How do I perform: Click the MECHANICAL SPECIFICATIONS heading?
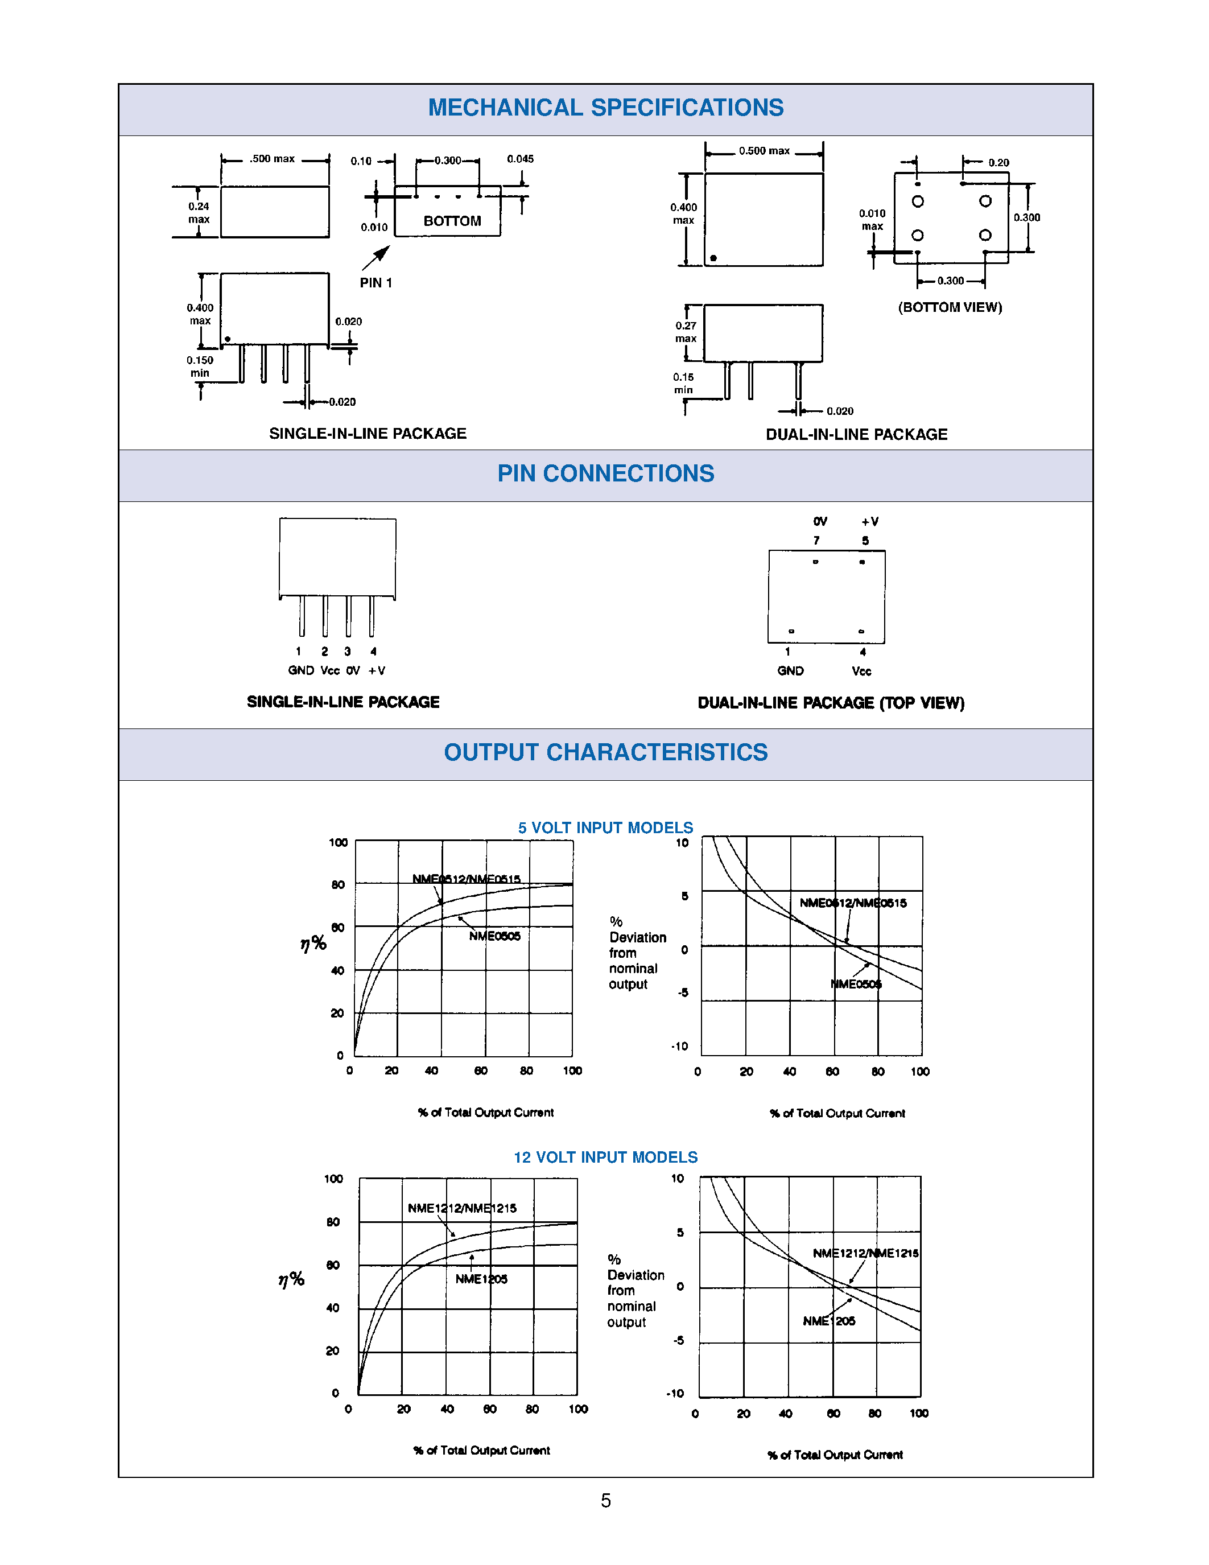pyautogui.click(x=605, y=108)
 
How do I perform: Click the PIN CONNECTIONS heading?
pyautogui.click(x=605, y=473)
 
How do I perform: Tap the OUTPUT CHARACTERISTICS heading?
pyautogui.click(x=605, y=752)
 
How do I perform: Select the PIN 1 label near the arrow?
pyautogui.click(x=376, y=283)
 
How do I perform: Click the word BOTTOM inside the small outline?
pyautogui.click(x=452, y=221)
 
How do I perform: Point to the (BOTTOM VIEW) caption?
pyautogui.click(x=950, y=307)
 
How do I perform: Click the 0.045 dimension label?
pyautogui.click(x=520, y=159)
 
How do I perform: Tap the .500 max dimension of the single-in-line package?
pyautogui.click(x=272, y=159)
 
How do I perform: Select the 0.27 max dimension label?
pyautogui.click(x=686, y=332)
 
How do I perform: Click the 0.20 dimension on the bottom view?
pyautogui.click(x=998, y=163)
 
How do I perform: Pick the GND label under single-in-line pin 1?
pyautogui.click(x=301, y=671)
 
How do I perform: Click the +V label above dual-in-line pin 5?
pyautogui.click(x=869, y=522)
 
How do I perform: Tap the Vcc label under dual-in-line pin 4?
pyautogui.click(x=861, y=672)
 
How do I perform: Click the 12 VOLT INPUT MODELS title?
pyautogui.click(x=605, y=1158)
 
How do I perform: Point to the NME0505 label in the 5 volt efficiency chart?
pyautogui.click(x=494, y=936)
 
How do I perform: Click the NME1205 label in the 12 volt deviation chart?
pyautogui.click(x=829, y=1321)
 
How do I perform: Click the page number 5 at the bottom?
pyautogui.click(x=605, y=1501)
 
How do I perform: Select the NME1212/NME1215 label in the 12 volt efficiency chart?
pyautogui.click(x=462, y=1208)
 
